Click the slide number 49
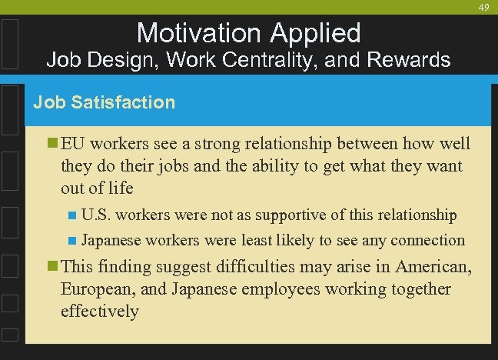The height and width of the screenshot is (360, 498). click(x=483, y=7)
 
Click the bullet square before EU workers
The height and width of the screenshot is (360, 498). click(x=52, y=144)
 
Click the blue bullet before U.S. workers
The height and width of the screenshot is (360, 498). click(x=72, y=215)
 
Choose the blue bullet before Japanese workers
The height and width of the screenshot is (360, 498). click(x=72, y=241)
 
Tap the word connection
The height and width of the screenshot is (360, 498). click(x=427, y=241)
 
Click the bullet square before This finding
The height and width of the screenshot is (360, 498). click(x=52, y=267)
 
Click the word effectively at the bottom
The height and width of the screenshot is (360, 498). click(x=100, y=311)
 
